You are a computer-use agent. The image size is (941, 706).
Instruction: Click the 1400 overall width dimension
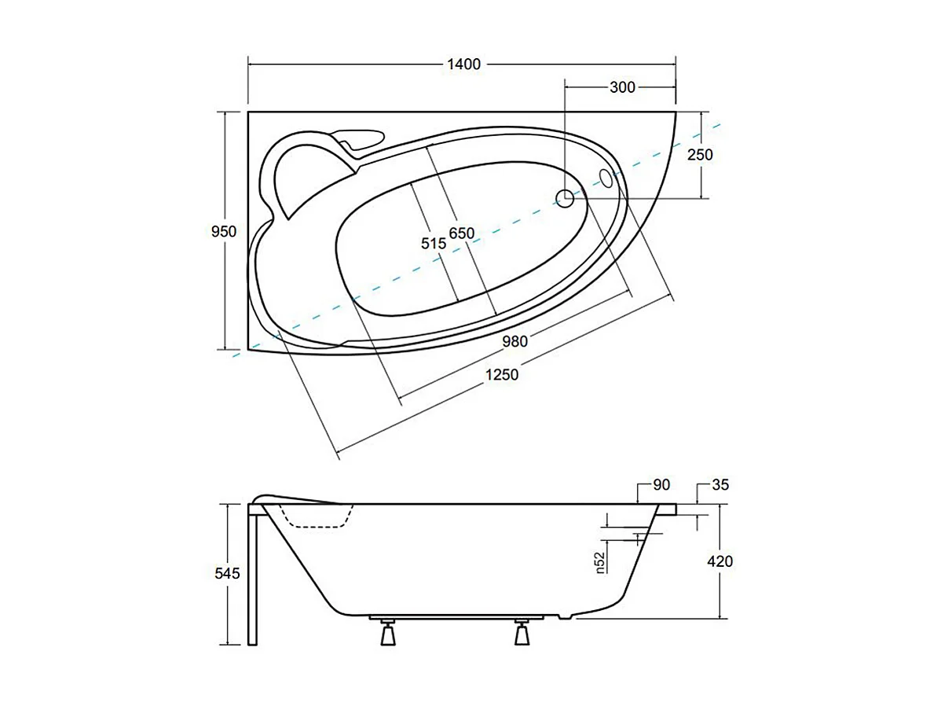(464, 64)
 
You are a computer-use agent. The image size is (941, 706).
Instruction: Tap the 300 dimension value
(622, 87)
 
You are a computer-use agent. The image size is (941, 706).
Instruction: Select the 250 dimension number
(700, 154)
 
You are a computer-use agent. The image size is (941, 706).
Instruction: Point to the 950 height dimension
(224, 231)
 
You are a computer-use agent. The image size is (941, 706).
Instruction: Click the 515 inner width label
(434, 243)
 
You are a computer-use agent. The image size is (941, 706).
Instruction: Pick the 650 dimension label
(462, 233)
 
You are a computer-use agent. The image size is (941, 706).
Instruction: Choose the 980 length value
(515, 341)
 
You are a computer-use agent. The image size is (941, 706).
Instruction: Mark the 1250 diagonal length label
(502, 374)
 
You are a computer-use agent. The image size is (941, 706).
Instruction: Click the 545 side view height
(228, 573)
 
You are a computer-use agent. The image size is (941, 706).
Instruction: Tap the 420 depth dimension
(719, 561)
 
